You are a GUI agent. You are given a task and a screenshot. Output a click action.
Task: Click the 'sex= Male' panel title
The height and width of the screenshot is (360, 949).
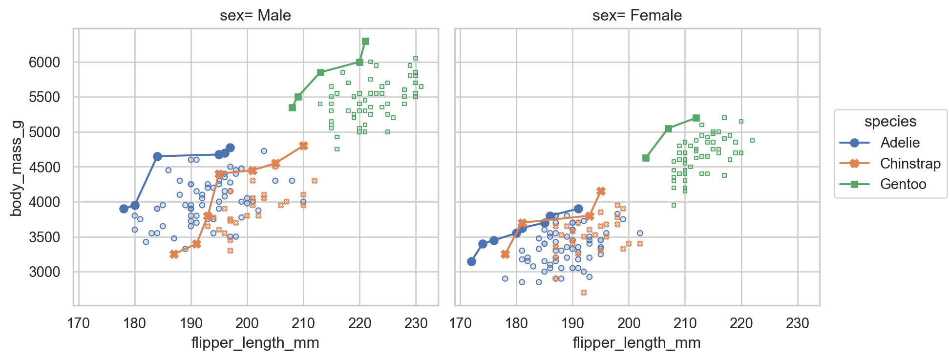pos(255,16)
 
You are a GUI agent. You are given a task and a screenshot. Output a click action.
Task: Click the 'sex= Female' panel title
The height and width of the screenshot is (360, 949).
pos(637,16)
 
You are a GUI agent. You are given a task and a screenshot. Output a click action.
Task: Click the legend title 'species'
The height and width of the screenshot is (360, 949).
pos(890,122)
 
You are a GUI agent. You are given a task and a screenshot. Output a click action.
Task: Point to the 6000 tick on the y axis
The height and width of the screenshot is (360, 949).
pos(44,63)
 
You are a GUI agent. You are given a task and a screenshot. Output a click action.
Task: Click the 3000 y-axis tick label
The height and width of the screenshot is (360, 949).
pos(44,272)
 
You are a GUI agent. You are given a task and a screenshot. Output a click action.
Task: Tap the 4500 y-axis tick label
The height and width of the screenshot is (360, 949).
pos(44,168)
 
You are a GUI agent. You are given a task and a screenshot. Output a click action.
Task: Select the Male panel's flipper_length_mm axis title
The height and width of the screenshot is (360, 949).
pos(255,343)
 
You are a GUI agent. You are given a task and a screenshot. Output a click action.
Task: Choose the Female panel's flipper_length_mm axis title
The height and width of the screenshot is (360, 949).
pos(637,343)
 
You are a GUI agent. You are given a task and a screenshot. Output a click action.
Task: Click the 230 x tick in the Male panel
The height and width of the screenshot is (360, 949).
pos(416,323)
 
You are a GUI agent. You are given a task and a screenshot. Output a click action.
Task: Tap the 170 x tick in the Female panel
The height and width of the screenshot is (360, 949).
pos(460,323)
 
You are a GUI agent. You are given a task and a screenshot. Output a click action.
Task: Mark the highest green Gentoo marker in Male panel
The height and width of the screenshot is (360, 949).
pos(365,42)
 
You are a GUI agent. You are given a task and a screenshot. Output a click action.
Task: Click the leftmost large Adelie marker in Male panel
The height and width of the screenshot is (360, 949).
pos(124,209)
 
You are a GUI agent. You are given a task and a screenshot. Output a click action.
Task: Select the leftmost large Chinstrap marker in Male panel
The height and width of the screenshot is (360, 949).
pos(174,254)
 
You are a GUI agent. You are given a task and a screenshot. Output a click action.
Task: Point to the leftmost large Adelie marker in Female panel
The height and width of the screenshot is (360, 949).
pos(471,261)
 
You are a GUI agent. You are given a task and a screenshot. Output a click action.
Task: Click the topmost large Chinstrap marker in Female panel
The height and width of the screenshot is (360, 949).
pos(601,191)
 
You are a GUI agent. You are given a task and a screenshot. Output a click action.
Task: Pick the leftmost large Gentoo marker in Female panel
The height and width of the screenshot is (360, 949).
pos(646,158)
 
